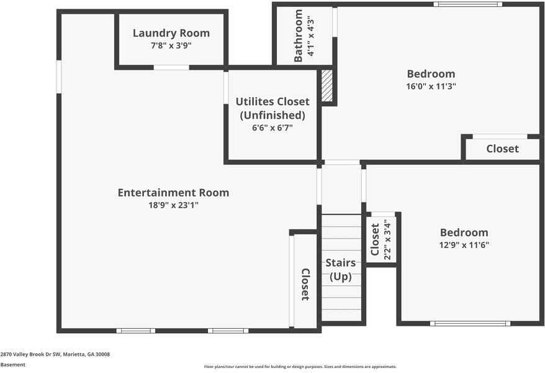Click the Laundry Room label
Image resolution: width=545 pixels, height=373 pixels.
[171, 33]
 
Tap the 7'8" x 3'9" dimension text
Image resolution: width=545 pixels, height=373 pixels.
[171, 45]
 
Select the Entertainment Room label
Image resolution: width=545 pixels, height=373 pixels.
[173, 193]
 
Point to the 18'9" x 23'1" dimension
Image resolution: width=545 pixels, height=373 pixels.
[173, 205]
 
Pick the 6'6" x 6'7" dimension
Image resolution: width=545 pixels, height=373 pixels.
[272, 127]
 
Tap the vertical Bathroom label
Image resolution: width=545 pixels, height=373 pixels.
[298, 36]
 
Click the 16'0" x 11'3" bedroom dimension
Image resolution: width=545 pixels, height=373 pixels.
[431, 86]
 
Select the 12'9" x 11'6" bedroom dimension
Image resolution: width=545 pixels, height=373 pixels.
[464, 244]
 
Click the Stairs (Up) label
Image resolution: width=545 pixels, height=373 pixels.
[341, 269]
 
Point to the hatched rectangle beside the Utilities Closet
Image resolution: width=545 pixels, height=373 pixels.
[327, 86]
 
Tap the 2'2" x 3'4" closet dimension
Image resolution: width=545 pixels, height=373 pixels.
[387, 240]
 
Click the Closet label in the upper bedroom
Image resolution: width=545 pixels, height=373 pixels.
[503, 149]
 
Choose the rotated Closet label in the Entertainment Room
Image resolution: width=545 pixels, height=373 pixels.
[305, 285]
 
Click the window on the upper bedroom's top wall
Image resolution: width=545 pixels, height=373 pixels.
[468, 4]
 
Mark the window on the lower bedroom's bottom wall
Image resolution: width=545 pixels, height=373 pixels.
[471, 324]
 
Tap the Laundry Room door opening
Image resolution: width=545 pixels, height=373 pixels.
[171, 67]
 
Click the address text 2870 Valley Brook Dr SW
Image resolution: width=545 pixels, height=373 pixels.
[31, 354]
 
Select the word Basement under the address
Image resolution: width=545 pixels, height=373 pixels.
[13, 365]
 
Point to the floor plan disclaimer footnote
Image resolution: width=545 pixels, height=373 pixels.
[300, 367]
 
